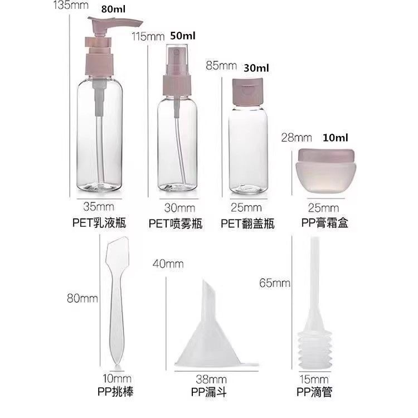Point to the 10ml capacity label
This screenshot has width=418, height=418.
pyautogui.click(x=333, y=137)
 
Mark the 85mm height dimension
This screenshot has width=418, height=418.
pyautogui.click(x=221, y=65)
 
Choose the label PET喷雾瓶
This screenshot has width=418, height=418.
pyautogui.click(x=176, y=224)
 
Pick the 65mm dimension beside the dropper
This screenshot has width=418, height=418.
pyautogui.click(x=274, y=283)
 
